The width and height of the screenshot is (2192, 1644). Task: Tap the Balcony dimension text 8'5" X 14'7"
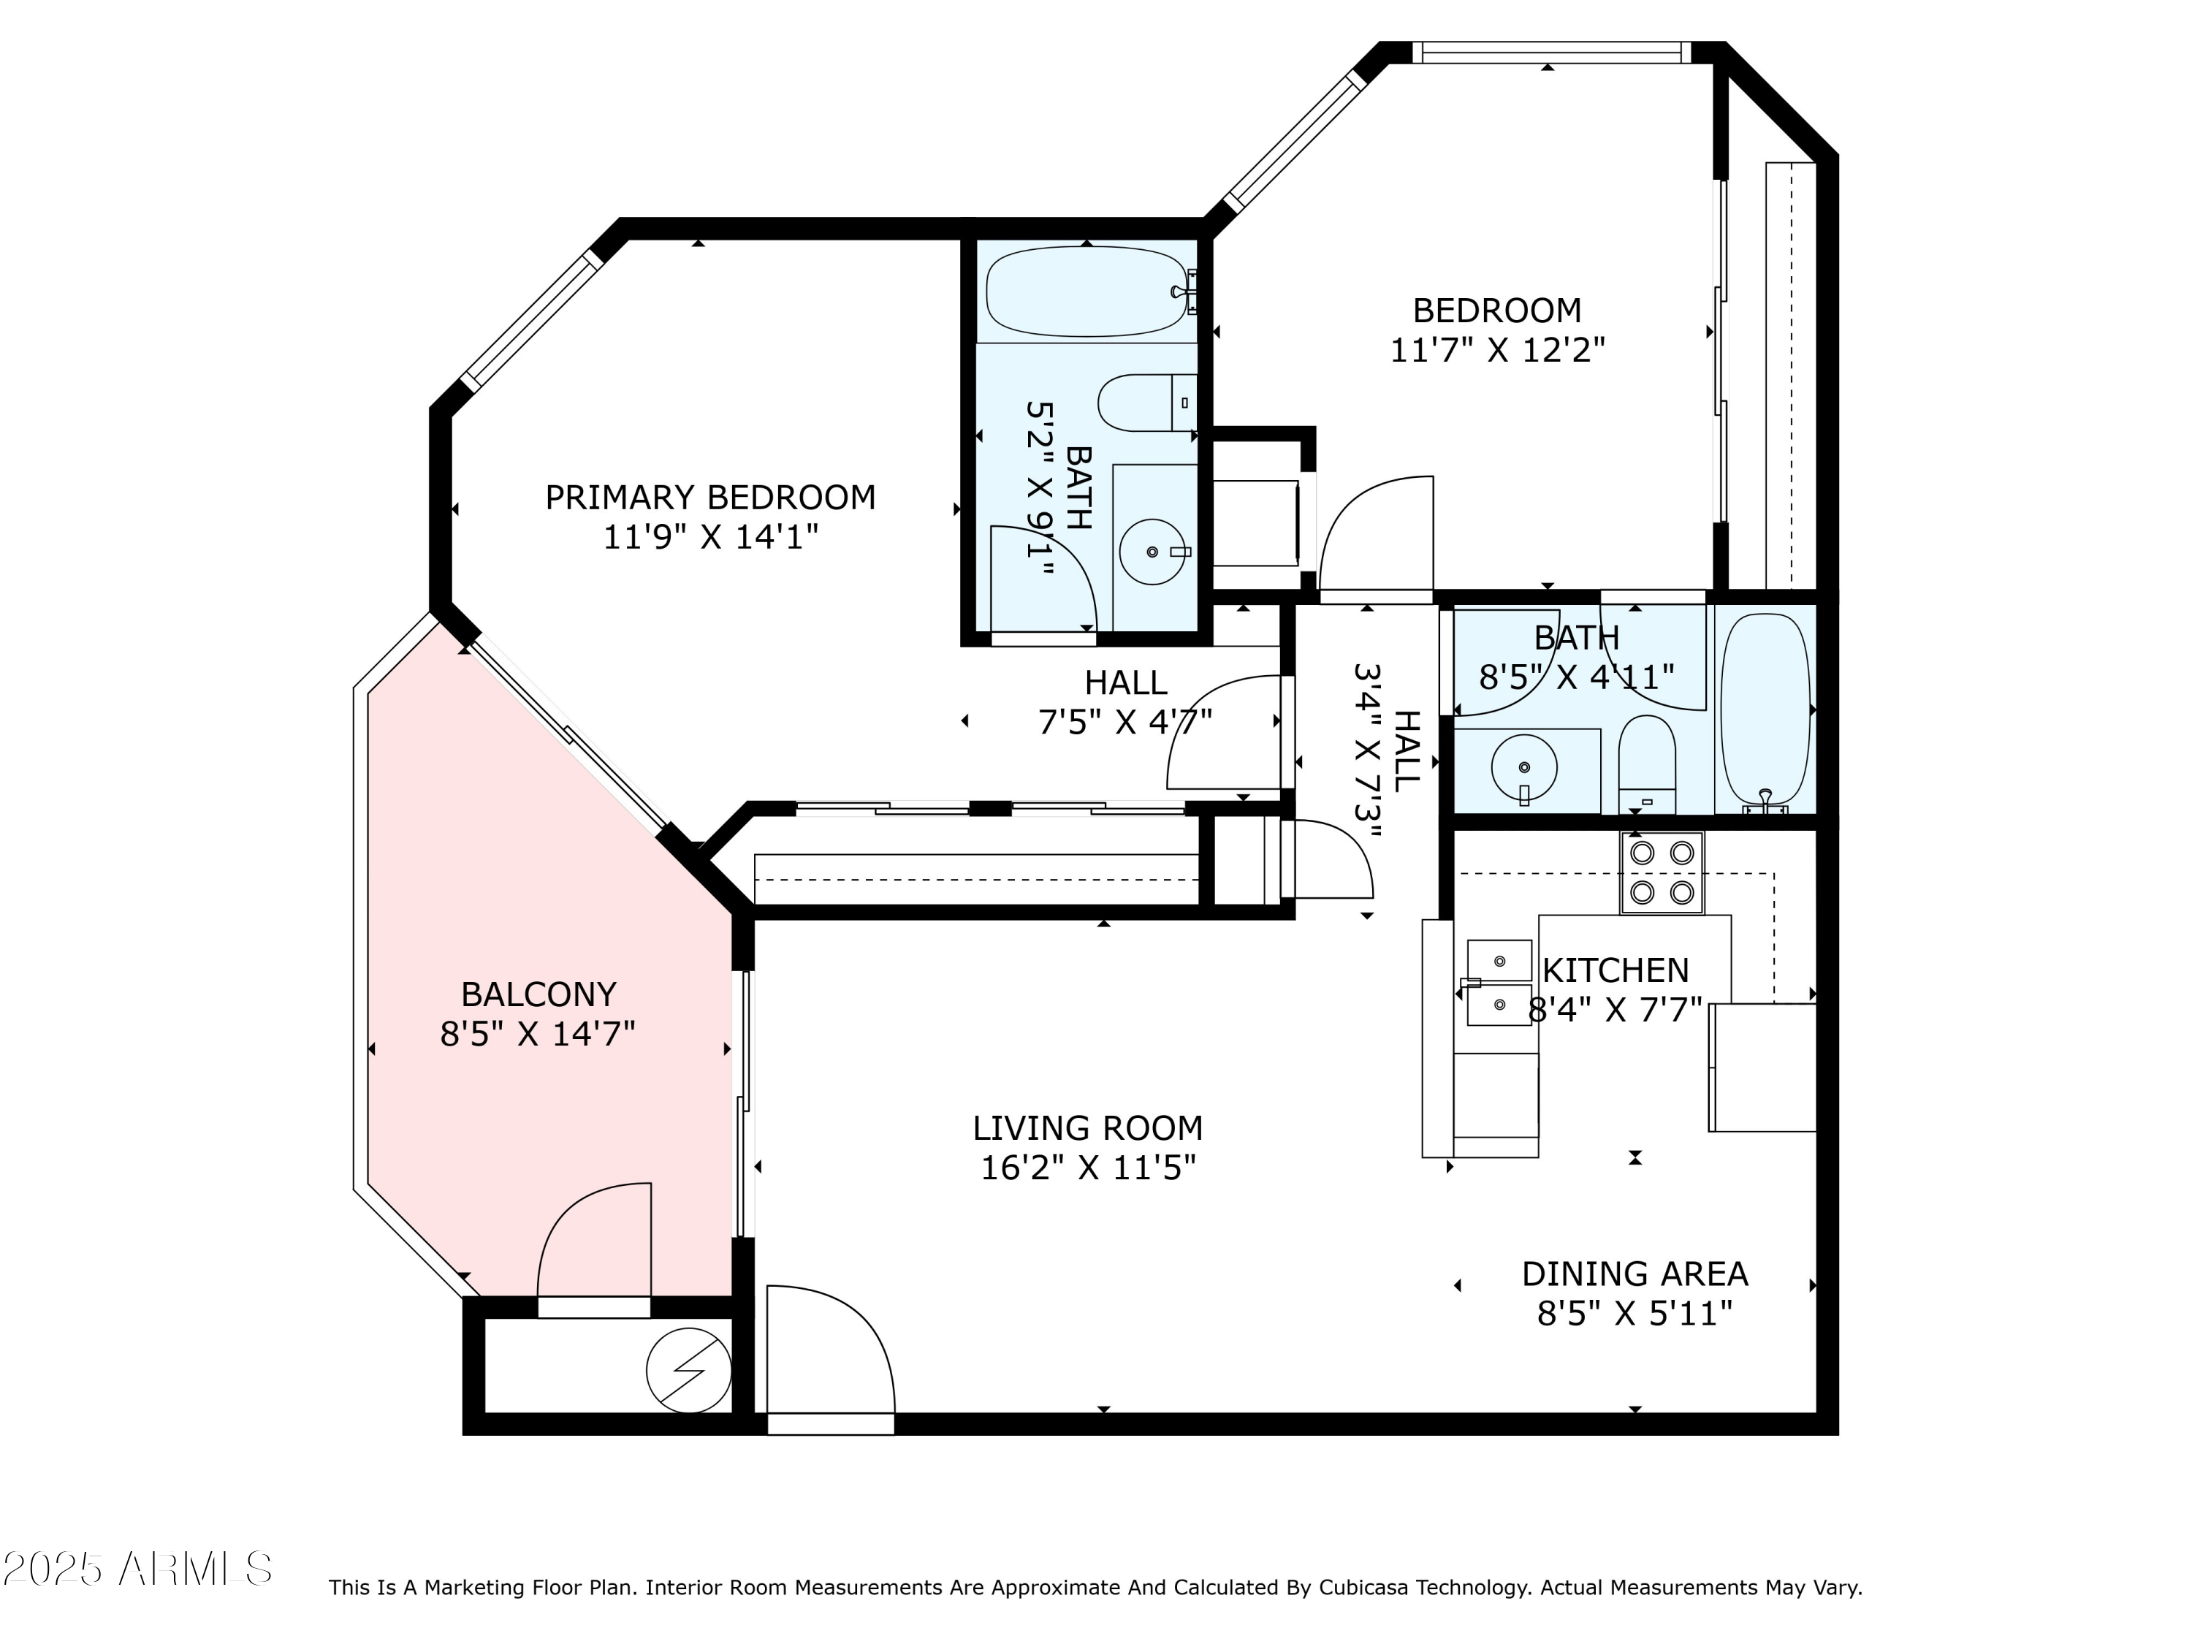click(x=537, y=1035)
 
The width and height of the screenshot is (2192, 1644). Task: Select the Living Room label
click(x=1087, y=1127)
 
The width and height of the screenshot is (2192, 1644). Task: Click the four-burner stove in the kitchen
click(x=1661, y=872)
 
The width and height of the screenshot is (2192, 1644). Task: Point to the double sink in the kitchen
click(x=1499, y=983)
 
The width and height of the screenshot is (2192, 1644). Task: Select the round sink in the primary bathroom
click(x=1152, y=552)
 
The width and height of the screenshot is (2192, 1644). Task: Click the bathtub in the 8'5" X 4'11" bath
click(x=1765, y=709)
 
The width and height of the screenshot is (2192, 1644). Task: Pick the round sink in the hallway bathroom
click(x=1523, y=767)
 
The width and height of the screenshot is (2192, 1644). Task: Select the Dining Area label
click(x=1634, y=1274)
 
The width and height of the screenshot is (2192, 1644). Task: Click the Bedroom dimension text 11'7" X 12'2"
click(x=1496, y=351)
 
